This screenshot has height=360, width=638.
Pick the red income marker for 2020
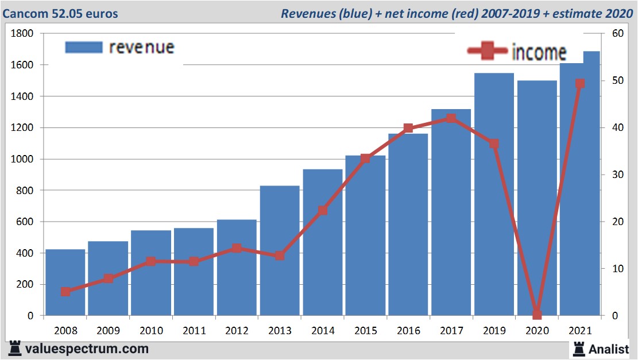537,314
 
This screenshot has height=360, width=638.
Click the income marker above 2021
580,84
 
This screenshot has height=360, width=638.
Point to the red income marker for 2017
451,119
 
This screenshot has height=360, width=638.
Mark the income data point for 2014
323,210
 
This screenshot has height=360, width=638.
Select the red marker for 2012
237,248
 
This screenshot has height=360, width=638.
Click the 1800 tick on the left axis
22,34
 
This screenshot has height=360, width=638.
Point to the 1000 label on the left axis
22,159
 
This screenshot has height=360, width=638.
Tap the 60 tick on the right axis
617,34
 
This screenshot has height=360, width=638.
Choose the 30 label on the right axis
617,175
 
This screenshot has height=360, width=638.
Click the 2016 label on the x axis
408,331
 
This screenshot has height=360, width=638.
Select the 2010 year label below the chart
151,331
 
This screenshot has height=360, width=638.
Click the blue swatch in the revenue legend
83,47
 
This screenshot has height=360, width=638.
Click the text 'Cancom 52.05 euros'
60,13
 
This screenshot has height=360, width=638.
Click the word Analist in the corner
609,349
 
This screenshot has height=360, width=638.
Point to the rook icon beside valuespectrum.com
15,348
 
